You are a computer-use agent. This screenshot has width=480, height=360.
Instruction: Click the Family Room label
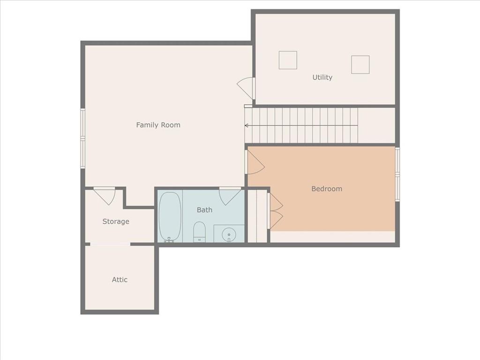pyautogui.click(x=158, y=125)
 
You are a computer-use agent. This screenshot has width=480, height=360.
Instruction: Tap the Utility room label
pyautogui.click(x=322, y=77)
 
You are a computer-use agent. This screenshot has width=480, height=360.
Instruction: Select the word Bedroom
pyautogui.click(x=327, y=188)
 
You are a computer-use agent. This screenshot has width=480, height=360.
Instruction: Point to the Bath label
pyautogui.click(x=204, y=210)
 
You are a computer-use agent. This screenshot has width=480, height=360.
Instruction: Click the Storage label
pyautogui.click(x=116, y=221)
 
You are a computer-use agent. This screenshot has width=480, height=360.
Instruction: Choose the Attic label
pyautogui.click(x=120, y=279)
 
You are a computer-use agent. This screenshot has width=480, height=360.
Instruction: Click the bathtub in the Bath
pyautogui.click(x=170, y=217)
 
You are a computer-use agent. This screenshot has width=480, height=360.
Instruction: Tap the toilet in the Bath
pyautogui.click(x=199, y=232)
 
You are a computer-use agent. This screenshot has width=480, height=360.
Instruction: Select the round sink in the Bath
pyautogui.click(x=229, y=235)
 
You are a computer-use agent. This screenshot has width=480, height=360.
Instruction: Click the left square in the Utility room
pyautogui.click(x=288, y=60)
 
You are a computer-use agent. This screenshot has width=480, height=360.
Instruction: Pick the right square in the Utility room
pyautogui.click(x=360, y=65)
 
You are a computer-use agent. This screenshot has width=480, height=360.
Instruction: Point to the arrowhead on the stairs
pyautogui.click(x=246, y=126)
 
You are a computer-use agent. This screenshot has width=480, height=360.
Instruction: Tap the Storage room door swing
pyautogui.click(x=105, y=196)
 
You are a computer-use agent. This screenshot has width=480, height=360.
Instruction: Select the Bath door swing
pyautogui.click(x=230, y=196)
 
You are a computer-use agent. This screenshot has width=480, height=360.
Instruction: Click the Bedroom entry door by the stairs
pyautogui.click(x=255, y=162)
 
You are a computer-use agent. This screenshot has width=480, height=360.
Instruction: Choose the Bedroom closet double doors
pyautogui.click(x=275, y=211)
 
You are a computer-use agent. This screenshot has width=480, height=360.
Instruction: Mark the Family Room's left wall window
pyautogui.click(x=82, y=138)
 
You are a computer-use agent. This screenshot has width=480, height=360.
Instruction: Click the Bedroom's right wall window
pyautogui.click(x=397, y=174)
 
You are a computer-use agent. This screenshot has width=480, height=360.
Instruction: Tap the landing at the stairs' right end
pyautogui.click(x=376, y=125)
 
